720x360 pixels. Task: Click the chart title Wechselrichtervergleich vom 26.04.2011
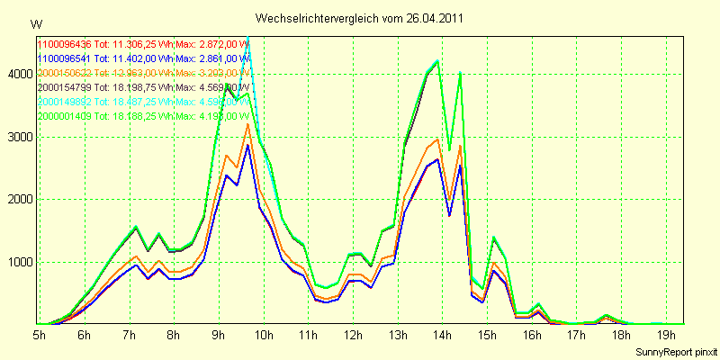[x=360, y=18]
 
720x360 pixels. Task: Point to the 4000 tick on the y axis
[x=18, y=75]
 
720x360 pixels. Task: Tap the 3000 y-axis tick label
[x=18, y=138]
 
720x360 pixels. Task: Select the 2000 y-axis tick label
[x=18, y=200]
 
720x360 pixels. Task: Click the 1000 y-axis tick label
[x=18, y=263]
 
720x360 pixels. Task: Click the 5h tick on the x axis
[x=40, y=335]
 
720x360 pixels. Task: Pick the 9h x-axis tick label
[x=219, y=335]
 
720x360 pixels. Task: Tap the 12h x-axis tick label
[x=353, y=335]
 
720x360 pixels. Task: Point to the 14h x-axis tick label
[x=442, y=335]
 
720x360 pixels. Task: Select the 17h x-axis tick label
[x=576, y=335]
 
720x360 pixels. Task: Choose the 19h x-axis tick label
[x=665, y=335]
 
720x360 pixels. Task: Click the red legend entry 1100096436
[x=65, y=43]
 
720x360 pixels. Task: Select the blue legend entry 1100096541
[x=65, y=58]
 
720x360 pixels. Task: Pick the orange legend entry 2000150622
[x=65, y=72]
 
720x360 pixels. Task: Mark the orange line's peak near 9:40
[x=247, y=124]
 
